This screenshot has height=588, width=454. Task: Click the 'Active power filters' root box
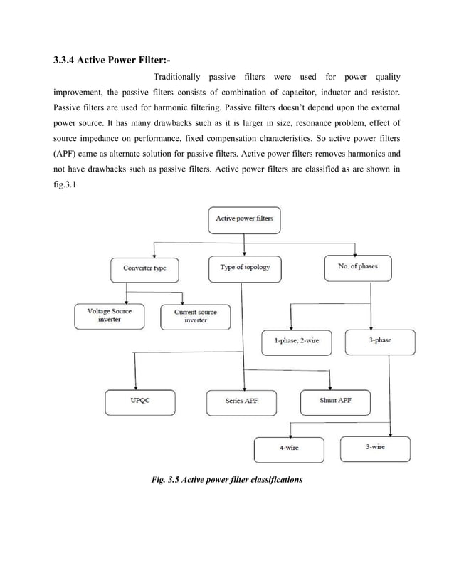point(244,219)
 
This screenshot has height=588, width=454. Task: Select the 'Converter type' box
point(144,268)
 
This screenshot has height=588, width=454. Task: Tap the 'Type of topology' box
point(244,268)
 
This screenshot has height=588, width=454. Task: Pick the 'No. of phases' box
point(358,267)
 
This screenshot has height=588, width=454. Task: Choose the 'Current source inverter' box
point(195,316)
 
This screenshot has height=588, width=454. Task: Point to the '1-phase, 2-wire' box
point(296,341)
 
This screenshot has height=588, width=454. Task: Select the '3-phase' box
point(379,340)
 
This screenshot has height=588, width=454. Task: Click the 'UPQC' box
point(139,401)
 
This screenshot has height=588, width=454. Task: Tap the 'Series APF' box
point(241,401)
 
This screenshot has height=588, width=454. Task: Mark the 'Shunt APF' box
point(334,401)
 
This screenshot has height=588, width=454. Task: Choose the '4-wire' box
point(288,448)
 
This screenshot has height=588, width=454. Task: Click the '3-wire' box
point(375,447)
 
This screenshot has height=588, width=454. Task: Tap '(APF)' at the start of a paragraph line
point(68,153)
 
